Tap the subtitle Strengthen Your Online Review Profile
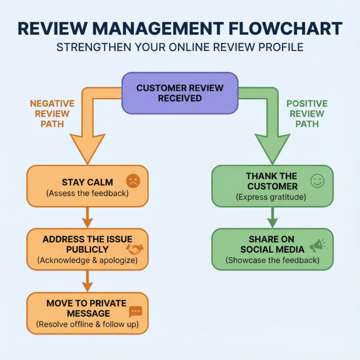[x=180, y=48]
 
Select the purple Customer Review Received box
[x=180, y=93]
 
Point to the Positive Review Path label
[x=307, y=114]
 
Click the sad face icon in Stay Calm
[x=133, y=181]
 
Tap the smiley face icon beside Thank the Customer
[x=317, y=181]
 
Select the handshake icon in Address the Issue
[x=135, y=249]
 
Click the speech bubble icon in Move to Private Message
[x=135, y=311]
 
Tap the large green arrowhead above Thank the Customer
[x=272, y=148]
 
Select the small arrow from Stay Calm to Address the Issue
[x=87, y=217]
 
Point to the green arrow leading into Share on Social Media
[x=272, y=217]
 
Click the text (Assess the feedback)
[x=87, y=193]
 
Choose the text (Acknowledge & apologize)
[x=87, y=260]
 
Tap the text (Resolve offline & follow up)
[x=87, y=324]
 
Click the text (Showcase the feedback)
[x=272, y=260]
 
